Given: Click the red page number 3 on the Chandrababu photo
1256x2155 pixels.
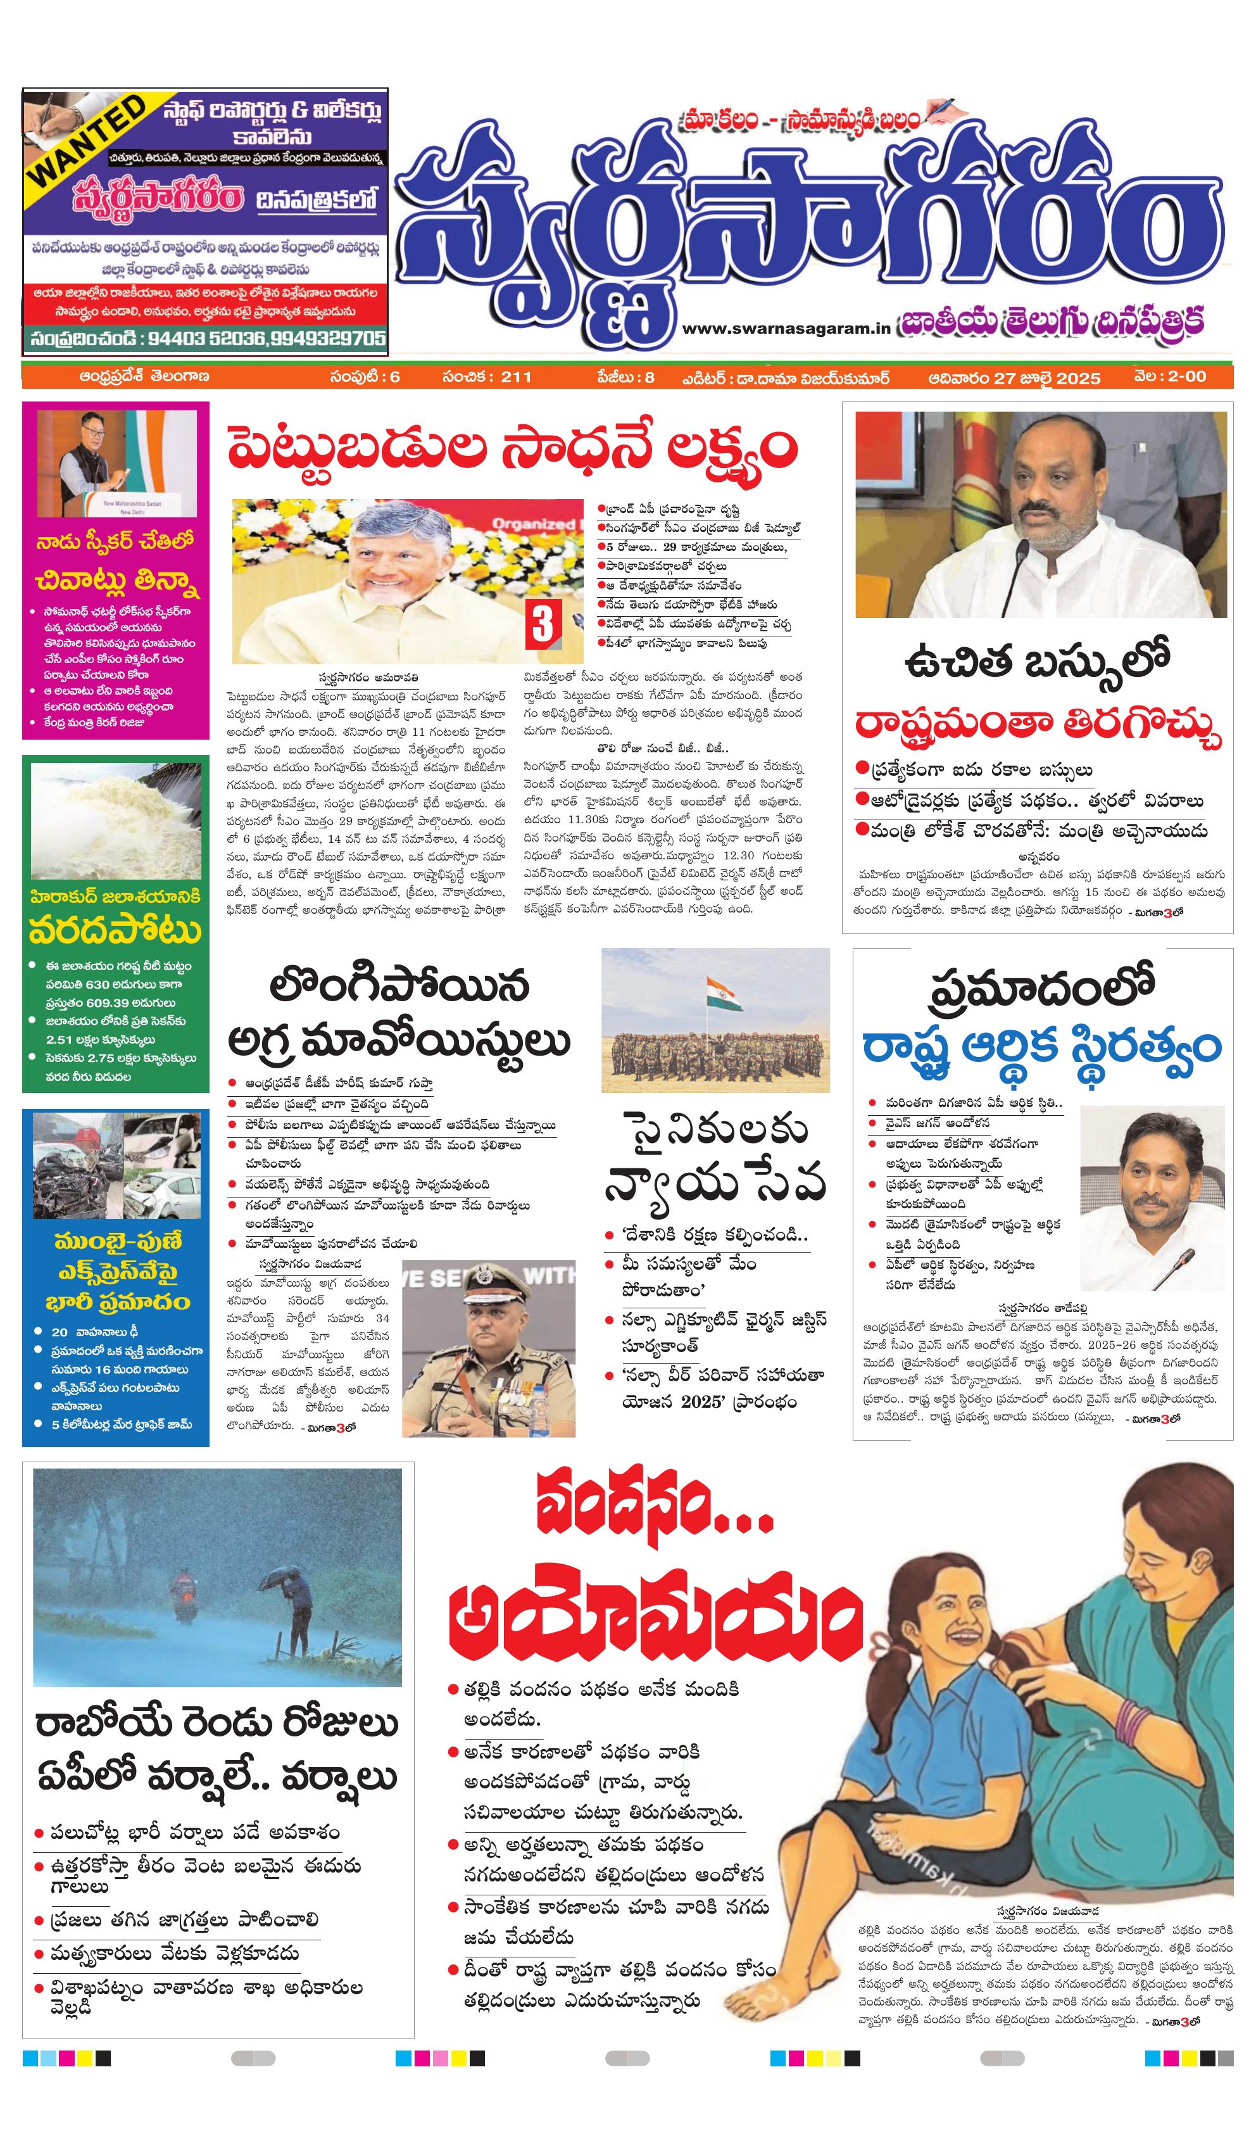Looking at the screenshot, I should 542,624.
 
